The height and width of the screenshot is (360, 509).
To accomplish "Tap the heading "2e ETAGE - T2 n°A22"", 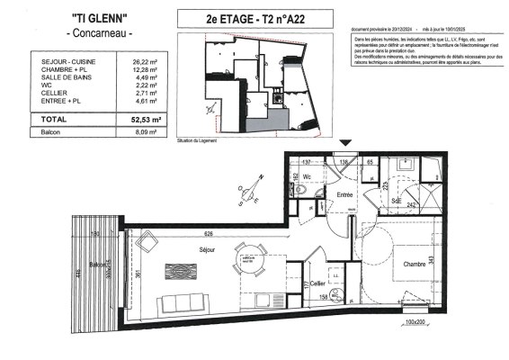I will [254, 18].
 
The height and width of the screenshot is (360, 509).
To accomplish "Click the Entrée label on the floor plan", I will [336, 195].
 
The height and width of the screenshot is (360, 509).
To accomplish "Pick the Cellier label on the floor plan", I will [317, 283].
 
